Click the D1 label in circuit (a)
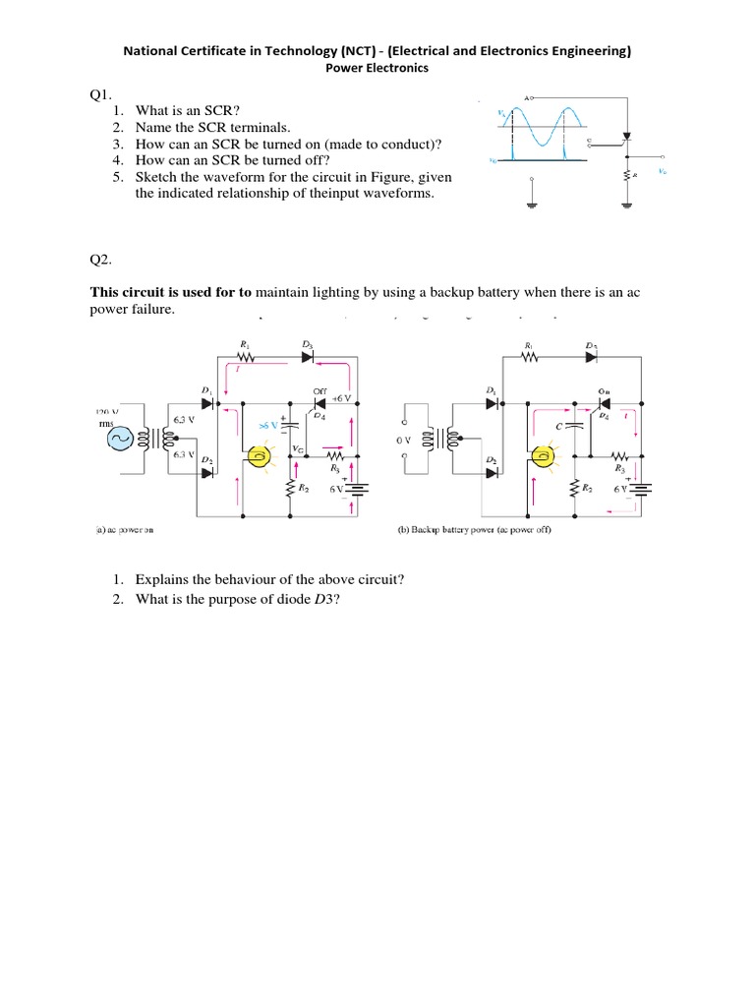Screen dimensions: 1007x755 [x=206, y=391]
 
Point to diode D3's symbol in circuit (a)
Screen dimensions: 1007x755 [x=308, y=357]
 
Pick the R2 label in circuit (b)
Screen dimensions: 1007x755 [x=586, y=488]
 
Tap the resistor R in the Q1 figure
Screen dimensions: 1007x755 [x=630, y=175]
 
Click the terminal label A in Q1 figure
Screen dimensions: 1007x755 [x=528, y=97]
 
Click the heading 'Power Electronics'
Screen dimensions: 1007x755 [x=377, y=69]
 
